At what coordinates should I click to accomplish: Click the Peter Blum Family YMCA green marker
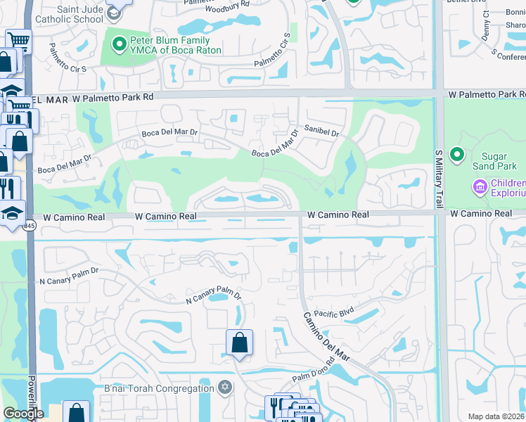[x=119, y=45]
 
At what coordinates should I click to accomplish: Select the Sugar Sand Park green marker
[x=458, y=154]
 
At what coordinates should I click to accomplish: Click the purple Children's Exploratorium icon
[x=480, y=187]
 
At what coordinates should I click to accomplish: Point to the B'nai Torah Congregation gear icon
[x=225, y=388]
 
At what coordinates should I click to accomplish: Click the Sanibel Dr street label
[x=321, y=132]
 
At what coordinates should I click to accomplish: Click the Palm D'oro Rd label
[x=312, y=378]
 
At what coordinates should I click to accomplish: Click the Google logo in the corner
[x=23, y=414]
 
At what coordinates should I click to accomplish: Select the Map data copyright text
[x=496, y=416]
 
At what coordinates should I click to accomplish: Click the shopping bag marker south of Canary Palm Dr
[x=239, y=343]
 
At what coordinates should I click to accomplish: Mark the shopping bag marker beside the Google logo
[x=76, y=412]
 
